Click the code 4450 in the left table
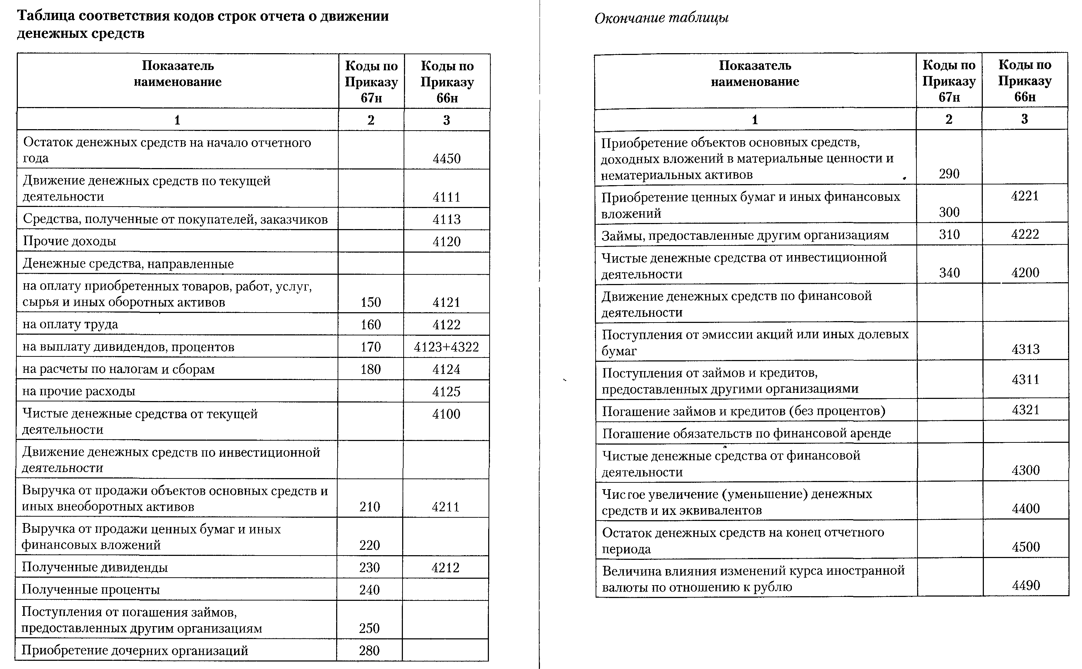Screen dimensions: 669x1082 446,158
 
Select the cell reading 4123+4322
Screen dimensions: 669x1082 446,347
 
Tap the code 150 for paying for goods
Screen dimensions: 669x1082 370,302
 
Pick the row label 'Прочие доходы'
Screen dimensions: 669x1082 70,241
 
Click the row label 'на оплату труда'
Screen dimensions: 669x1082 70,324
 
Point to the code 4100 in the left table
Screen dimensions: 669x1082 446,414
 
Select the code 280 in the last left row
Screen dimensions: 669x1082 369,650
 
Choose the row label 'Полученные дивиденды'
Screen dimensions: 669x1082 95,567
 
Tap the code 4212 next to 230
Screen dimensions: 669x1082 445,568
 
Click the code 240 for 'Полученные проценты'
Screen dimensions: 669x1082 369,590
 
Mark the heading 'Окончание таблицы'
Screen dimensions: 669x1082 661,18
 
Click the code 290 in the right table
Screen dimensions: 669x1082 949,174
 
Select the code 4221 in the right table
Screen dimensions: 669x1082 1025,196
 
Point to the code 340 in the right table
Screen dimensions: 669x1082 949,273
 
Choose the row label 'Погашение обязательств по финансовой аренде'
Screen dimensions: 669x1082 746,433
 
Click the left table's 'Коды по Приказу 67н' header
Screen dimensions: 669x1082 371,82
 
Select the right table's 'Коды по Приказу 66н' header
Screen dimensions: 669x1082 1025,81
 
